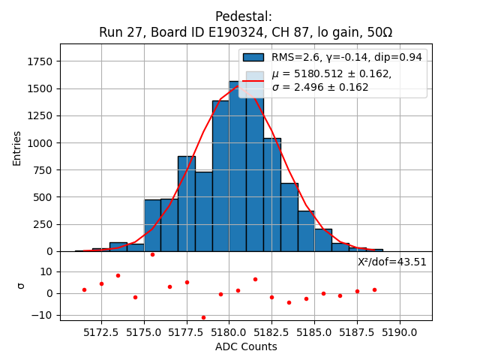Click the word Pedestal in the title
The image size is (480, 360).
tap(243, 16)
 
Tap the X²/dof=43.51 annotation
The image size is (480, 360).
tap(392, 262)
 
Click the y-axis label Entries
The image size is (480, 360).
tap(17, 148)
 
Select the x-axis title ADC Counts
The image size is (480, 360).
tap(246, 346)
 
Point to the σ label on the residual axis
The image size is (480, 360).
tap(21, 285)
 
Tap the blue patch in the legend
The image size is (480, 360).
tap(253, 57)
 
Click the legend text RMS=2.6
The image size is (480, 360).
tap(293, 57)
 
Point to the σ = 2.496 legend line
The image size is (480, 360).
tap(319, 87)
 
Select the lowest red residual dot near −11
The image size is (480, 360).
tap(203, 317)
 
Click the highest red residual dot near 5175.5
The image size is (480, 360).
tap(152, 254)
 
